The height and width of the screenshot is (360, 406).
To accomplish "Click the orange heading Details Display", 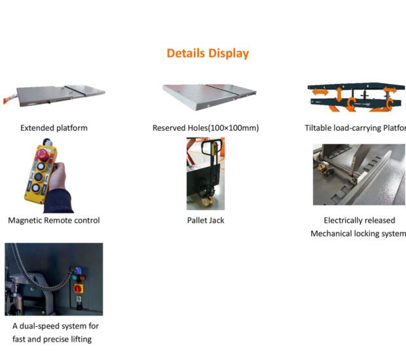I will tap(208, 53).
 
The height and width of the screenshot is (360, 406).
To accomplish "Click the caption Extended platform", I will tap(54, 128).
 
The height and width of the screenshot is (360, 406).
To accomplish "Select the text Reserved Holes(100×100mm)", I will tap(206, 128).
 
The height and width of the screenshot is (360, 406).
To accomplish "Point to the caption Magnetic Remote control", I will tap(54, 221).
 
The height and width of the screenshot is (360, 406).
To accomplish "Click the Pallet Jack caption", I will tap(206, 221).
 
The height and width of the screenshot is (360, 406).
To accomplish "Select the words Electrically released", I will tap(359, 221).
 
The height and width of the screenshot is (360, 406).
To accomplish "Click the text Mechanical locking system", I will tap(358, 234).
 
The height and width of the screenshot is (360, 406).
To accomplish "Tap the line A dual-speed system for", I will tap(56, 325).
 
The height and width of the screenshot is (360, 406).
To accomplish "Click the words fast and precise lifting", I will tap(52, 339).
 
